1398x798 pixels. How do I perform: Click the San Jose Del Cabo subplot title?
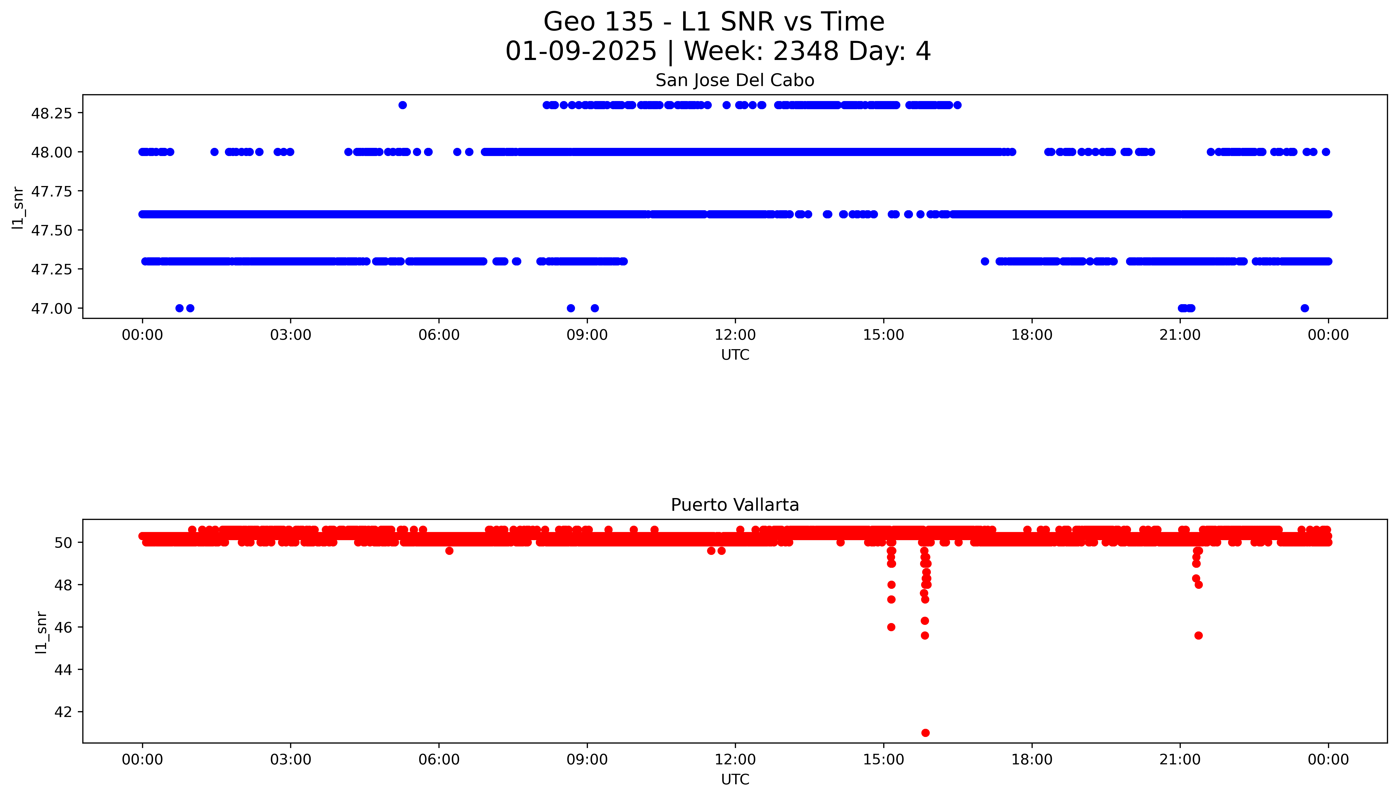pos(735,81)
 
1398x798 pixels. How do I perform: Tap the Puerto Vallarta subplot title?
pos(735,505)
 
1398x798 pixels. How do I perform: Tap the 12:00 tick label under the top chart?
pos(735,335)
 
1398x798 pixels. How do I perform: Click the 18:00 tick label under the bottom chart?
pos(1032,760)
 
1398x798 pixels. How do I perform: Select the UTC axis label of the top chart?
pos(735,355)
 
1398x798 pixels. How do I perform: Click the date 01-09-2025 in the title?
pos(581,52)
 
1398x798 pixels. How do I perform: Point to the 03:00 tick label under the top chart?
pos(290,335)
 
